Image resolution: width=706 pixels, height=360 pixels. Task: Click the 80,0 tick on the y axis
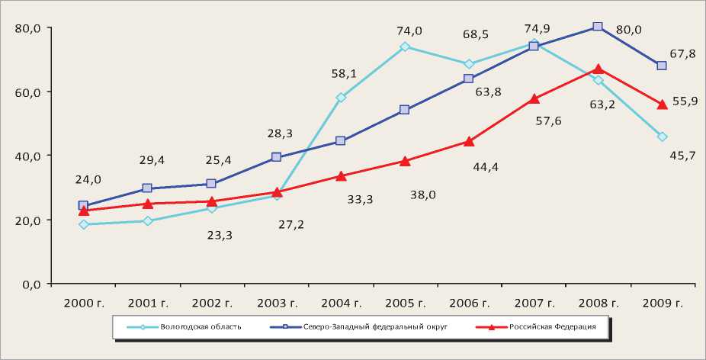pyautogui.click(x=28, y=28)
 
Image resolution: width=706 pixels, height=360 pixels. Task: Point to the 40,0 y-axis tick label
pyautogui.click(x=28, y=156)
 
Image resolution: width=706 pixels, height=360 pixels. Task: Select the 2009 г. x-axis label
pyautogui.click(x=662, y=304)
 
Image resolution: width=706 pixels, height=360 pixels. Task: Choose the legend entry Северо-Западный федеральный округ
pyautogui.click(x=363, y=327)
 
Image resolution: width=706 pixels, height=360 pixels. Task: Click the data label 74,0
pyautogui.click(x=409, y=31)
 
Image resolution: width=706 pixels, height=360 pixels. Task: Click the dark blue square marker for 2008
pyautogui.click(x=598, y=27)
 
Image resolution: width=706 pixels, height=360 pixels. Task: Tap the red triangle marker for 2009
pyautogui.click(x=662, y=104)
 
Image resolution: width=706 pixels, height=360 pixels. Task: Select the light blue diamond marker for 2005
pyautogui.click(x=405, y=47)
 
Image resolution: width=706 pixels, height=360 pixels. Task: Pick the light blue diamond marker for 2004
pyautogui.click(x=341, y=98)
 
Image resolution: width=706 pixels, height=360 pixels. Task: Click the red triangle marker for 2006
pyautogui.click(x=469, y=141)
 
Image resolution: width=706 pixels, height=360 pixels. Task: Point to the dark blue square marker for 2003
pyautogui.click(x=276, y=157)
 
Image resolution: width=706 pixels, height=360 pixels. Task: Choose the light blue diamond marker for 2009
pyautogui.click(x=662, y=137)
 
